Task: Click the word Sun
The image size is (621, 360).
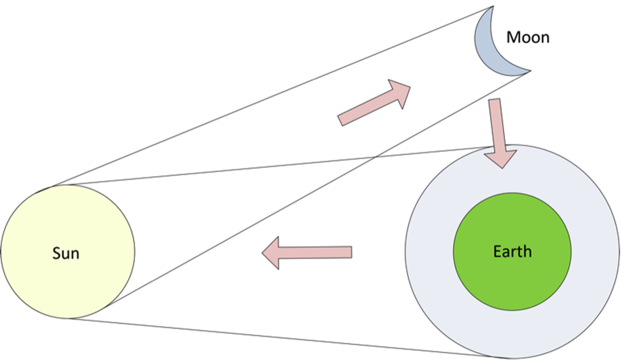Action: pyautogui.click(x=66, y=253)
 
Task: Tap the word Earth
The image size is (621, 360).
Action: pyautogui.click(x=512, y=252)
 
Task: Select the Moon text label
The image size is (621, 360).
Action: pyautogui.click(x=528, y=37)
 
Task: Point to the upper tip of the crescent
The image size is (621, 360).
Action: pyautogui.click(x=492, y=7)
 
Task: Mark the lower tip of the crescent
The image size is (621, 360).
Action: pyautogui.click(x=530, y=70)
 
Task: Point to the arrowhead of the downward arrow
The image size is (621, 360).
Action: pyautogui.click(x=501, y=158)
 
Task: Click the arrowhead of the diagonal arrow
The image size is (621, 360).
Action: pyautogui.click(x=400, y=92)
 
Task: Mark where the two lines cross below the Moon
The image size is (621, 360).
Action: pyautogui.click(x=376, y=157)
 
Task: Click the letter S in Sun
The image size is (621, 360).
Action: pyautogui.click(x=56, y=253)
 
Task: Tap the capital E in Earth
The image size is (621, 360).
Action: pyautogui.click(x=497, y=252)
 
